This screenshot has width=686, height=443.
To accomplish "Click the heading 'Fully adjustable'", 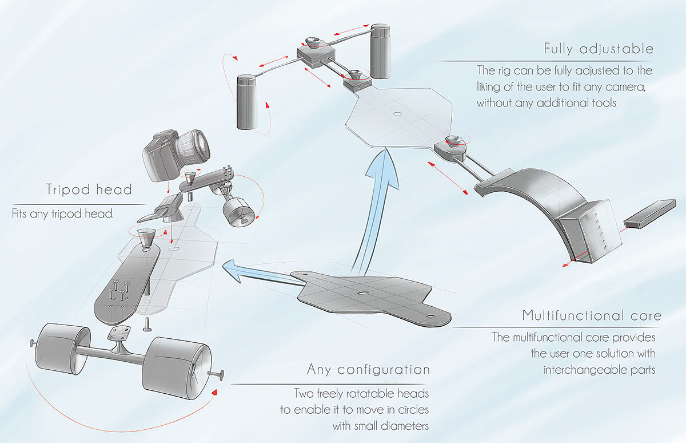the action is pyautogui.click(x=599, y=49).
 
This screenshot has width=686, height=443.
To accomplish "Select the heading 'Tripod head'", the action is pyautogui.click(x=89, y=189).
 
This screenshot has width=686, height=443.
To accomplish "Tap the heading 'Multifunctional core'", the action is pyautogui.click(x=592, y=315).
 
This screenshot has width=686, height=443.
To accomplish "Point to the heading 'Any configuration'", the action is pyautogui.click(x=368, y=370).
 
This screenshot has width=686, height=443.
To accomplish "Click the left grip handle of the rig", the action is pyautogui.click(x=247, y=102).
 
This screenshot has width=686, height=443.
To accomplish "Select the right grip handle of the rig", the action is pyautogui.click(x=380, y=51).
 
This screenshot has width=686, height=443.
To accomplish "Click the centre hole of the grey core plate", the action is pyautogui.click(x=362, y=293).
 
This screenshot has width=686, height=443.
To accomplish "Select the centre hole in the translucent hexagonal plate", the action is pyautogui.click(x=397, y=114).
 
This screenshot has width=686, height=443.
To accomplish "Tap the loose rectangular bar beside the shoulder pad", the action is pyautogui.click(x=650, y=213).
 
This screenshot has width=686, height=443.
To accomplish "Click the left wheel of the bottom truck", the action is pyautogui.click(x=63, y=349).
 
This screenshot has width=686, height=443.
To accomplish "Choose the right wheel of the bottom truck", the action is pyautogui.click(x=177, y=368).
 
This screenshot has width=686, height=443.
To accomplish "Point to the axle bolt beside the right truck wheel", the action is pyautogui.click(x=216, y=374).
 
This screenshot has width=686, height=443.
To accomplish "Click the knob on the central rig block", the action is pyautogui.click(x=313, y=42).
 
